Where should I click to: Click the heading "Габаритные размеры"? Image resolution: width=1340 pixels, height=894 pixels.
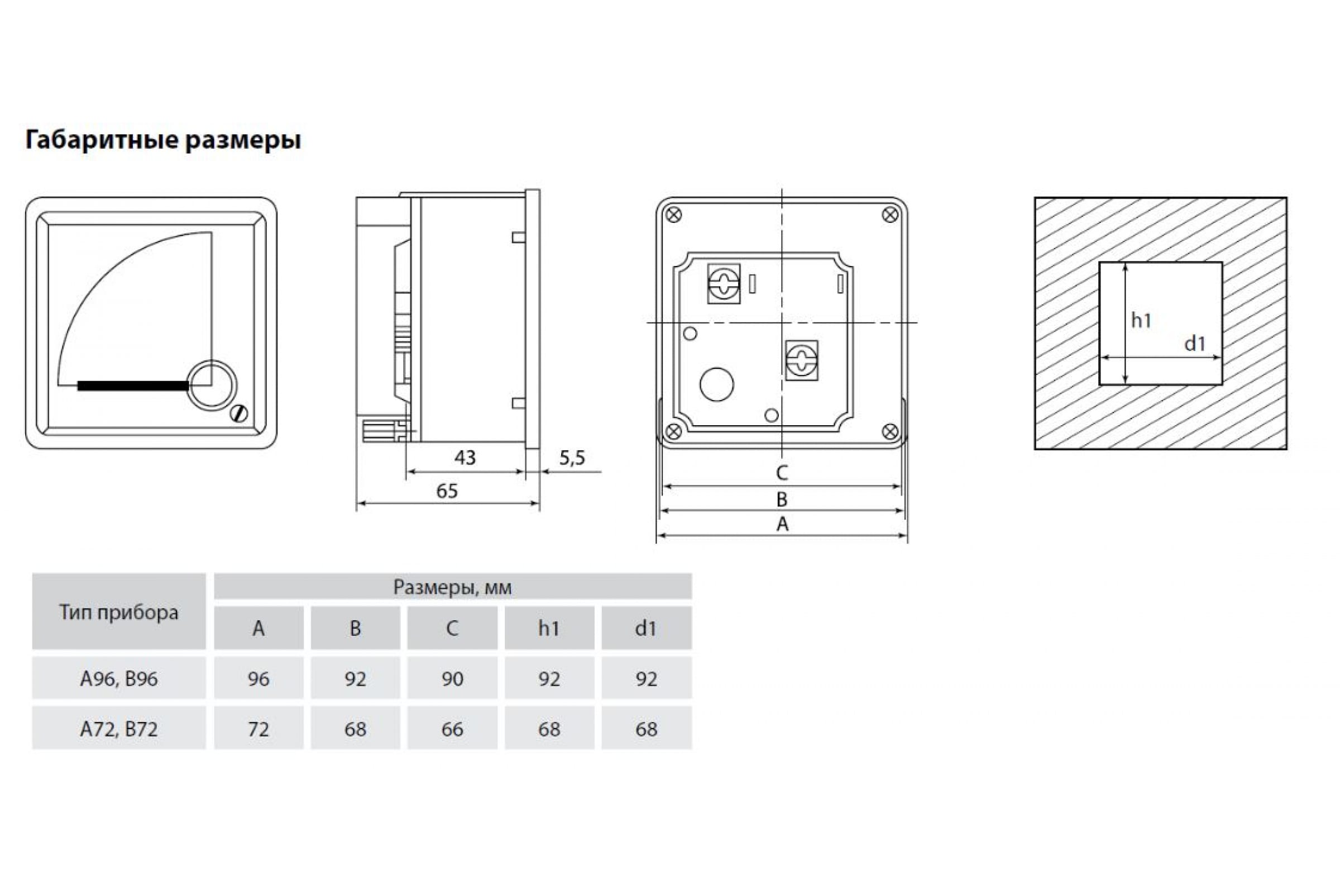163,140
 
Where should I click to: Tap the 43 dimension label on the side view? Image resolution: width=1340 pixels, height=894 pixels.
465,457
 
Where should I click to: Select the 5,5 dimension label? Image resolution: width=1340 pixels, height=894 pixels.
572,457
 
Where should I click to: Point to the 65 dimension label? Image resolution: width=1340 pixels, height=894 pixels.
447,491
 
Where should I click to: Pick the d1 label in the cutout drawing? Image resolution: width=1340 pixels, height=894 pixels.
1195,343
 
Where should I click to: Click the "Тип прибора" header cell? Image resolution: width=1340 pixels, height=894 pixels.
119,612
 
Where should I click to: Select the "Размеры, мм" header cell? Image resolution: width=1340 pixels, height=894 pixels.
452,587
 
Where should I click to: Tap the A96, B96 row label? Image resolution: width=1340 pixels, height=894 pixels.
119,678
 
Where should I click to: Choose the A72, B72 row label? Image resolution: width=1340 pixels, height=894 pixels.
119,729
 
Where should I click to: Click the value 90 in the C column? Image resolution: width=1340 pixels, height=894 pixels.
452,678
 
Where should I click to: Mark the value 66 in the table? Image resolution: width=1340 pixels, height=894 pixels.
452,729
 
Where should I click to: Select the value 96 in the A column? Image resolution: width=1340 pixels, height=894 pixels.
259,678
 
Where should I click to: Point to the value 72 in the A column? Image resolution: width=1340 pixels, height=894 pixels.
259,729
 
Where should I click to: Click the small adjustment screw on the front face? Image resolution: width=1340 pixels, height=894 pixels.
240,413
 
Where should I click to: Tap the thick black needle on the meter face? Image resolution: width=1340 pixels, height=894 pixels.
133,386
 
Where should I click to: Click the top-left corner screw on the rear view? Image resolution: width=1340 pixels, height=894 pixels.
674,215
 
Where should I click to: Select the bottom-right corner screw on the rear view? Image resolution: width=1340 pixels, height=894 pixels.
890,431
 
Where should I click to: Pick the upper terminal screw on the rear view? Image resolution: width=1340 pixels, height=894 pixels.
724,283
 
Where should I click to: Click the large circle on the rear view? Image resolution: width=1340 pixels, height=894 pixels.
717,384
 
